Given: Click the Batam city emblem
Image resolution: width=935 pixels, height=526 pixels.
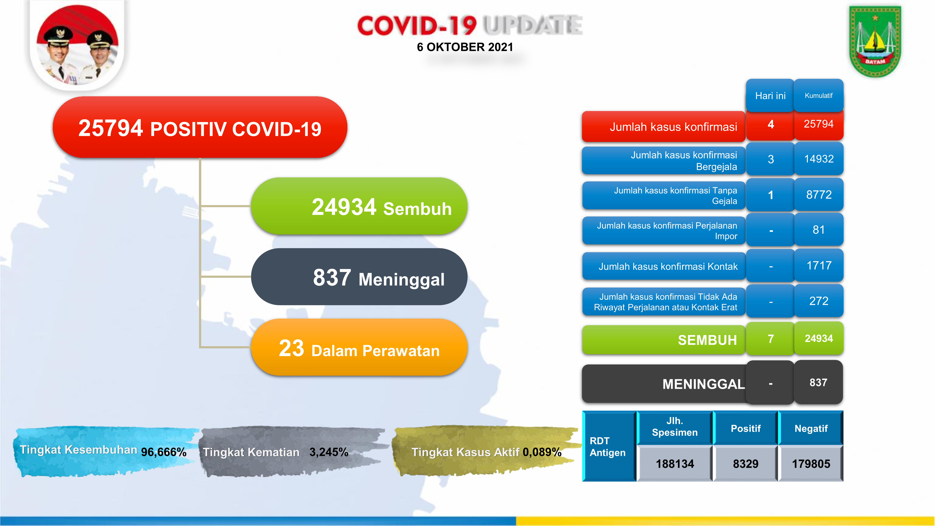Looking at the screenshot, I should click(875, 41).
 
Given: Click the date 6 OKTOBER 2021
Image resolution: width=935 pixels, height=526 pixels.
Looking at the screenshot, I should click(465, 47).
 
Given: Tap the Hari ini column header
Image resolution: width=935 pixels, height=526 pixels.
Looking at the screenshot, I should click(770, 96).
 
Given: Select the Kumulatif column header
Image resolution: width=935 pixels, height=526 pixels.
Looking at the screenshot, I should click(819, 96).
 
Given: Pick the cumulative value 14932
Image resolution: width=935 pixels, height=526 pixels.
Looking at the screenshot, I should click(819, 159).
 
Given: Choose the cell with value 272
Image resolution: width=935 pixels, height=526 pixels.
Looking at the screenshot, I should click(819, 301).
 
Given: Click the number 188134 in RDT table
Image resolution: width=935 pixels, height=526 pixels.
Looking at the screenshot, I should click(675, 464).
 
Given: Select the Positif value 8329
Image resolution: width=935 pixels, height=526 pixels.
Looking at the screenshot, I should click(745, 464).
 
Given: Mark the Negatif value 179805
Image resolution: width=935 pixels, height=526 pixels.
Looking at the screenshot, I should click(811, 464).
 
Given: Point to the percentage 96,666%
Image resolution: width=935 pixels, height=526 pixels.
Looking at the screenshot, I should click(164, 452).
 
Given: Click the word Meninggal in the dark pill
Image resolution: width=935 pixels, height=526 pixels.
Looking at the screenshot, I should click(401, 280).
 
